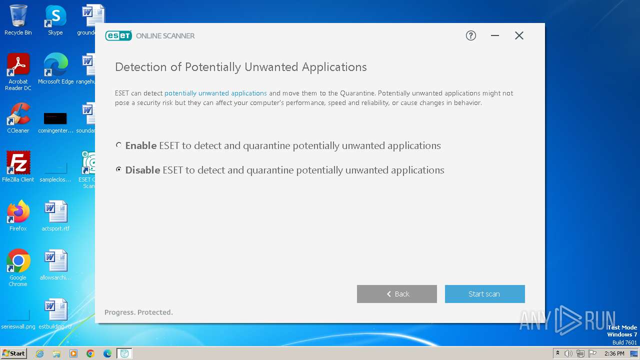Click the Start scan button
(484, 294)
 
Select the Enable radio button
(118, 145)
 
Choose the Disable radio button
(118, 169)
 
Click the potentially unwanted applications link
(215, 93)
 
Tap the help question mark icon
(470, 35)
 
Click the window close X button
(519, 35)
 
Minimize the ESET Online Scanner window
(495, 35)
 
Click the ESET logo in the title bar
(118, 35)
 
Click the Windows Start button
(14, 353)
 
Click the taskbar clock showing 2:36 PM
(614, 353)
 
